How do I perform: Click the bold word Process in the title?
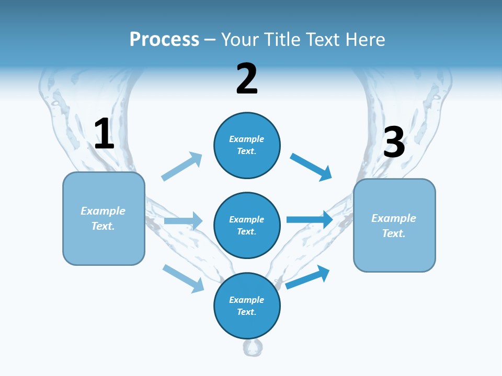164,39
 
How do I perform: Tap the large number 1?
104,134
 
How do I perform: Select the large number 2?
247,79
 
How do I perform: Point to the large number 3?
394,142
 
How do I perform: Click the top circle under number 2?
247,145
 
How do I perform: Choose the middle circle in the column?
247,225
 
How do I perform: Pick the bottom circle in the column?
247,305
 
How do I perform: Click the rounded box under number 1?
104,218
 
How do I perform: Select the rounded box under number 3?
394,226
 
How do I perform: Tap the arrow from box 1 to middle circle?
183,221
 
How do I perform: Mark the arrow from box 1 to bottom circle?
183,278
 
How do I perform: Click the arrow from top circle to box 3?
311,167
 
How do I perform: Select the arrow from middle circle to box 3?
310,219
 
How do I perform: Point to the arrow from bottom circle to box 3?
307,277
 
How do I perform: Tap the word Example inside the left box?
103,211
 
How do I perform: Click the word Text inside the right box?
393,233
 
